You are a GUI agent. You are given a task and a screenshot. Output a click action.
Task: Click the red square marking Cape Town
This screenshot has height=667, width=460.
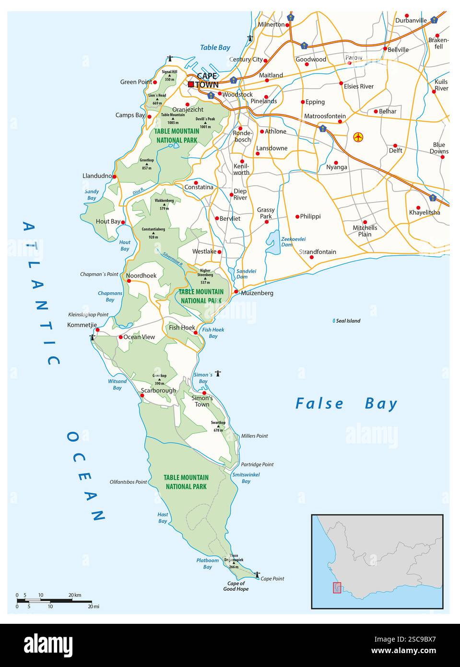[191, 84]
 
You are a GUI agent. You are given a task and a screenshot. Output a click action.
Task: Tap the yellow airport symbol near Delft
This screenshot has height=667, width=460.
[358, 137]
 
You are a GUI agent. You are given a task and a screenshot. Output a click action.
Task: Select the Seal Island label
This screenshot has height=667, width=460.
[348, 321]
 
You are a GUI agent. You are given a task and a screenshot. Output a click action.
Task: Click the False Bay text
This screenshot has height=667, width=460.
[346, 404]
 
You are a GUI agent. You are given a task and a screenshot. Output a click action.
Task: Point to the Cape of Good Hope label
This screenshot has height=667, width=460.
[236, 586]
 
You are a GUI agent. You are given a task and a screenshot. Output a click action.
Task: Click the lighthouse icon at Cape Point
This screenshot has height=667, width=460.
[257, 574]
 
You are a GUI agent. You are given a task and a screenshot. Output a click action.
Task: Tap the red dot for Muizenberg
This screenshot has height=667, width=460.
[236, 291]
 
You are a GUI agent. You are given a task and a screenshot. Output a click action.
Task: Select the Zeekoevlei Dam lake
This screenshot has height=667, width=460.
[273, 242]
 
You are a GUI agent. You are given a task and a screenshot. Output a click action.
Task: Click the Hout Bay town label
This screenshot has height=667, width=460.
[108, 221]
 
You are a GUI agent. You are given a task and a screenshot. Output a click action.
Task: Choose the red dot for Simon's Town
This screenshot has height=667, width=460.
[204, 393]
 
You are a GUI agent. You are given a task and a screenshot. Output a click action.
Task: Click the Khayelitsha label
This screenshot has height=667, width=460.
[424, 213]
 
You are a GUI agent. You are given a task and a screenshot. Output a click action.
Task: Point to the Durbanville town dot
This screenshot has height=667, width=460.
[407, 16]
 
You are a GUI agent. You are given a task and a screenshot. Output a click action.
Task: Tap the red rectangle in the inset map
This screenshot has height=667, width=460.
[337, 587]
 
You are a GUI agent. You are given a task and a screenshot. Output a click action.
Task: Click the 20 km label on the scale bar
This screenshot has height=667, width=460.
[74, 595]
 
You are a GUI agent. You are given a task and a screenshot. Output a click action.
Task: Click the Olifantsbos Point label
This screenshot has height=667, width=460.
[128, 481]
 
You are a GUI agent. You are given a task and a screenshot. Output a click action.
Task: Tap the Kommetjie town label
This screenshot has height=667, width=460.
[82, 325]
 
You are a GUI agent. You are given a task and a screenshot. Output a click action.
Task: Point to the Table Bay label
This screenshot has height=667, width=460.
[215, 48]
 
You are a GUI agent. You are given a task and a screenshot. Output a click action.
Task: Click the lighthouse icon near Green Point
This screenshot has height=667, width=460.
[169, 59]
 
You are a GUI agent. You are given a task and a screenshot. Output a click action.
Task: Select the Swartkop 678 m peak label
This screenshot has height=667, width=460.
[218, 426]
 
